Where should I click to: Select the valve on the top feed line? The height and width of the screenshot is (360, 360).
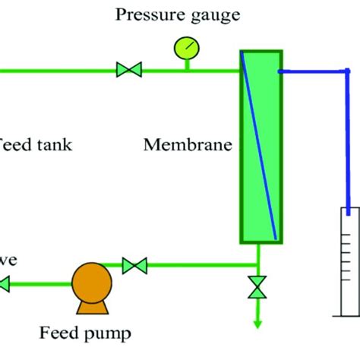[x=128, y=71]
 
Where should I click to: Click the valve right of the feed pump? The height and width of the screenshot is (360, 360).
[x=134, y=265]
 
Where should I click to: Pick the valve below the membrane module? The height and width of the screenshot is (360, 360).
[x=258, y=287]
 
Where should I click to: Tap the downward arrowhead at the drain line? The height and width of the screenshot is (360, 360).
[x=258, y=323]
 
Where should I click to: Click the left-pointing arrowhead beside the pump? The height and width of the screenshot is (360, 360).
[x=5, y=285]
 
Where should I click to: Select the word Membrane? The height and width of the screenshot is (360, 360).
[x=186, y=144]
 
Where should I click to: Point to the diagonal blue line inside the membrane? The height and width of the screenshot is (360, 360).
[x=258, y=144]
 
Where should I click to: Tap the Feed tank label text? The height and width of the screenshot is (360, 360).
[x=35, y=144]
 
